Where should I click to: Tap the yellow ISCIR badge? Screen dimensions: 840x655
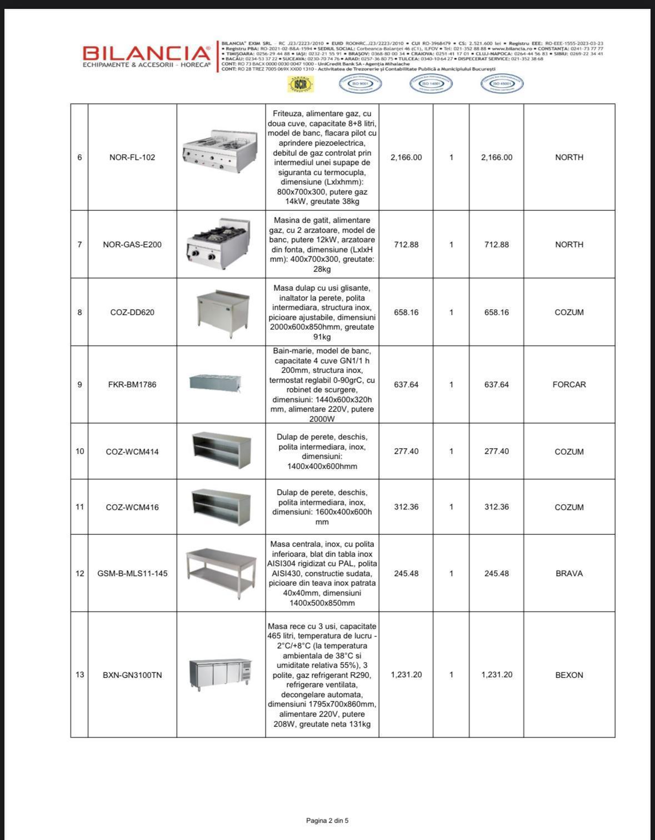(301, 84)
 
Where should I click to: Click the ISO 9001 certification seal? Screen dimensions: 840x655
(360, 84)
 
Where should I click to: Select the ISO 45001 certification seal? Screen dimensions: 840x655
(502, 84)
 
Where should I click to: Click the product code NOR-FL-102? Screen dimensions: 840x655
(132, 157)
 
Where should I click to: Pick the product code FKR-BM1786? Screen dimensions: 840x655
(132, 384)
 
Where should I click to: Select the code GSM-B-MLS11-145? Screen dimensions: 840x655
(132, 573)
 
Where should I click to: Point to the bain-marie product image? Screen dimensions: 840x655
(221, 382)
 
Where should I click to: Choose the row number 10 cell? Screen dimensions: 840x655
(79, 451)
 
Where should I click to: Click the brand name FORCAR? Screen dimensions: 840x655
(569, 384)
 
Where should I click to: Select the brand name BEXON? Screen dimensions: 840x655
(569, 675)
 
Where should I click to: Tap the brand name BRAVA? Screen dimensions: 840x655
(569, 573)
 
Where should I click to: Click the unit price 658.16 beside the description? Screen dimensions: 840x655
(406, 312)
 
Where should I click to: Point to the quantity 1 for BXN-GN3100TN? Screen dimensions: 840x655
(451, 674)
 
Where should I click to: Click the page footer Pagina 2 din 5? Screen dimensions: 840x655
(327, 821)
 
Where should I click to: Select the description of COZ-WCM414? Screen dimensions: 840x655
(322, 451)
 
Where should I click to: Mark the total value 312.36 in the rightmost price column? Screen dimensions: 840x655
(496, 507)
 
